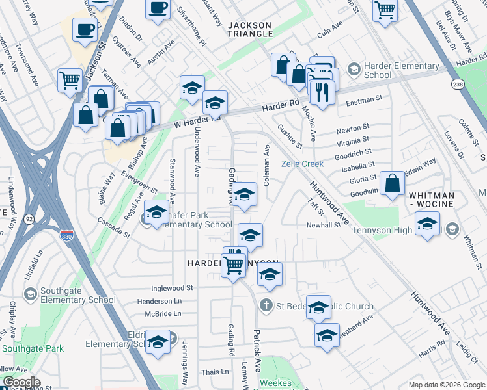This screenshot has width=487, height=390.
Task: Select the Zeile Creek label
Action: point(302,164)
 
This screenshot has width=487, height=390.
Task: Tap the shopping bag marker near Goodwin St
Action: point(393,185)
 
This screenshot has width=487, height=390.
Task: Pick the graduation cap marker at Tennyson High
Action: point(427,225)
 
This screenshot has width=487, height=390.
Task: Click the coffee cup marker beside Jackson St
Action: point(85,29)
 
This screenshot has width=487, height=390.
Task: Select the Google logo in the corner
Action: point(21,382)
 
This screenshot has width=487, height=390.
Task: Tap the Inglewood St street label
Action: point(172,287)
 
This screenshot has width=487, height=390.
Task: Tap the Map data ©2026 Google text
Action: point(446,384)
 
